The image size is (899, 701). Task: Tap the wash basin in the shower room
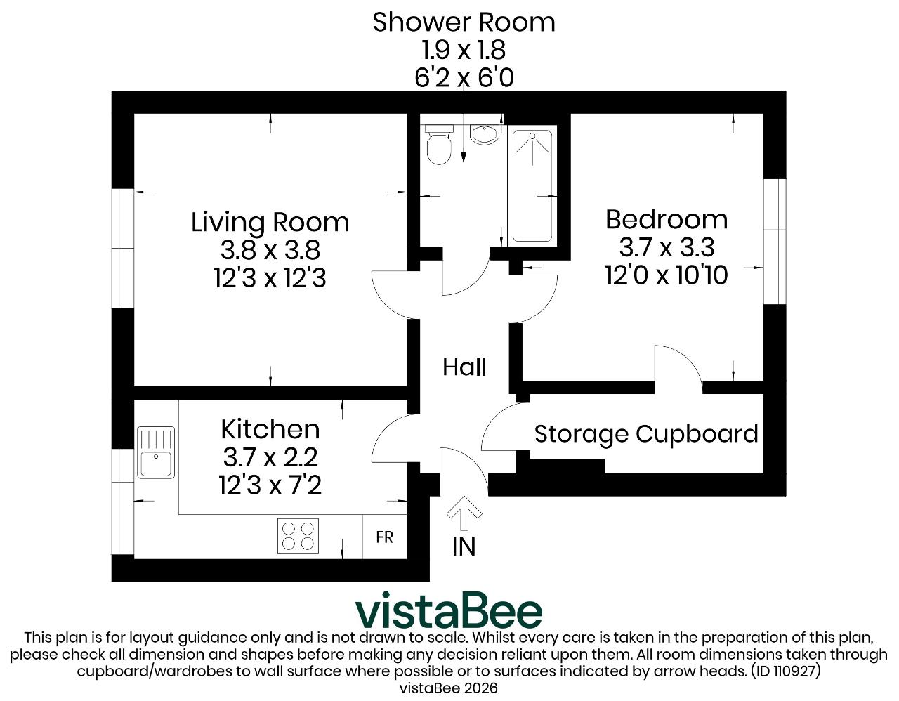click(484, 134)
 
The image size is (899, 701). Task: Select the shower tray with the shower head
click(532, 186)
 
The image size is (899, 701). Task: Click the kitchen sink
click(155, 453)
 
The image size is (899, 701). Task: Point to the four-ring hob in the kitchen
click(298, 536)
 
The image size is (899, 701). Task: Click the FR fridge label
click(384, 537)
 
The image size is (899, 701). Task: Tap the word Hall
click(464, 367)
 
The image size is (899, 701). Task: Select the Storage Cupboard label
click(646, 434)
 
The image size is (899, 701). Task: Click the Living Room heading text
click(270, 222)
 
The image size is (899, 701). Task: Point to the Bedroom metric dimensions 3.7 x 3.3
click(667, 247)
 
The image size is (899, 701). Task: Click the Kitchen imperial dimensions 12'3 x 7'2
click(270, 485)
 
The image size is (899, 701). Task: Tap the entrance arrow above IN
click(464, 513)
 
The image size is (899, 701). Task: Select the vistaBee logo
click(449, 611)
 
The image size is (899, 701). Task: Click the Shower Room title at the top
click(464, 22)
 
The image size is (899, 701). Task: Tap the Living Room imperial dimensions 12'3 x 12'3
click(270, 277)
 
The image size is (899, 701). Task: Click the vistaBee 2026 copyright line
click(449, 688)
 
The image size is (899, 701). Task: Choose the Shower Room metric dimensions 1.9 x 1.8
click(464, 50)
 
